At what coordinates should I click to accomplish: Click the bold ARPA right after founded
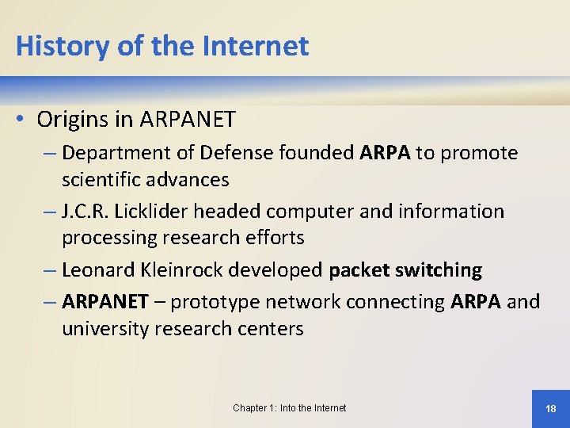coord(385,153)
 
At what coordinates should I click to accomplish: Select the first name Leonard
coord(93,270)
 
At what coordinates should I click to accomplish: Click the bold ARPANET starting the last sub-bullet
coord(104,302)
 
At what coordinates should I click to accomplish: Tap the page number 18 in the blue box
coord(551,408)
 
